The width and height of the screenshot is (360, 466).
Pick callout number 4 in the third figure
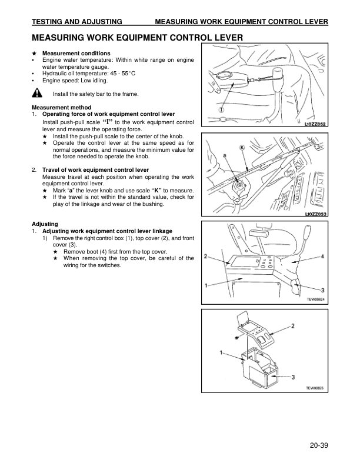[x=323, y=257]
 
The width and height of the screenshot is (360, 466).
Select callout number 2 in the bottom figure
[x=293, y=325]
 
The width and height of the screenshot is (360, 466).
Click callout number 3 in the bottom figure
[x=293, y=376]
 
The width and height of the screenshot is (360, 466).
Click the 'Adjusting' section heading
[x=45, y=224]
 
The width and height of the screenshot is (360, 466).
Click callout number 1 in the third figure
[x=206, y=285]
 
